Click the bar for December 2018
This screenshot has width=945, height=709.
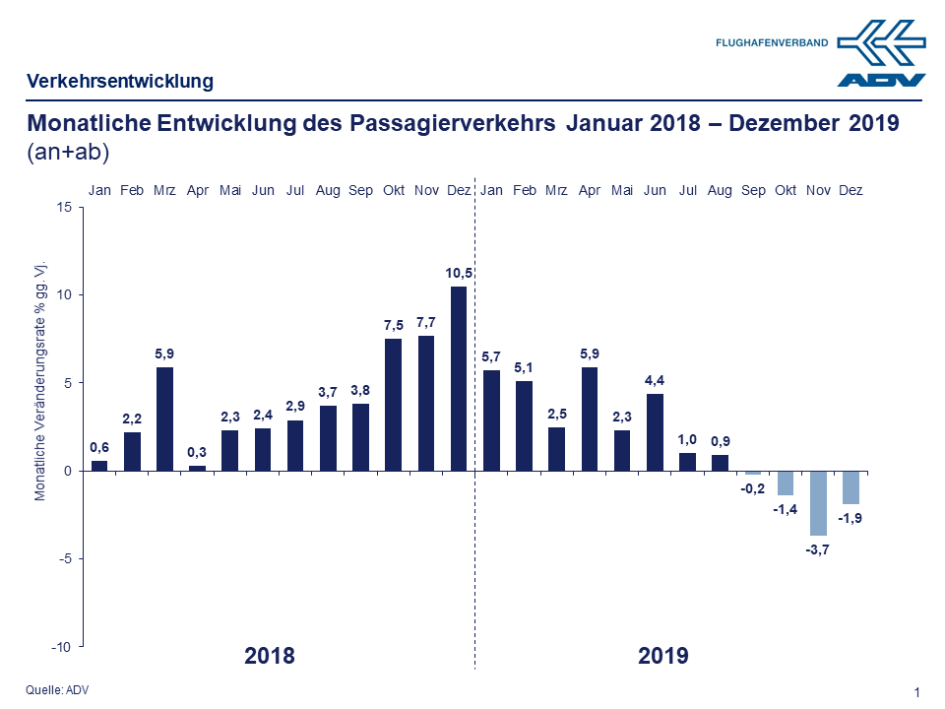click(459, 378)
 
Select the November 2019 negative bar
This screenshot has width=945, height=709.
click(818, 502)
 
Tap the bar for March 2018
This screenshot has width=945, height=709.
click(165, 419)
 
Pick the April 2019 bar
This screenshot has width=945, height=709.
click(590, 419)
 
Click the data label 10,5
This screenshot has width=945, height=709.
click(459, 273)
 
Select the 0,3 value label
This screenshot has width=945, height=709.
click(198, 452)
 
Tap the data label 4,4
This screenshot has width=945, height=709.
click(655, 380)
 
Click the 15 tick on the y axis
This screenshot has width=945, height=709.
click(64, 207)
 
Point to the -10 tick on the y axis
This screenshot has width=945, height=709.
click(61, 646)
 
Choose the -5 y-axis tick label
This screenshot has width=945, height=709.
click(64, 558)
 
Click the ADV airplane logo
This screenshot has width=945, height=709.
click(881, 54)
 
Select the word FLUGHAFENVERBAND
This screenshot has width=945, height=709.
click(772, 42)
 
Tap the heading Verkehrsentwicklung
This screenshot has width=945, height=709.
click(120, 81)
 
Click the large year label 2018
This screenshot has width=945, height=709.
click(269, 656)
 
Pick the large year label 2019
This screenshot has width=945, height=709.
click(662, 656)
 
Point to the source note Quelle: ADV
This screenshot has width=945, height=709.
click(57, 690)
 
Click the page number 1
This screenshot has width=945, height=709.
click(916, 692)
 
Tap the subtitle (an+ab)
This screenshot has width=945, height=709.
click(68, 153)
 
